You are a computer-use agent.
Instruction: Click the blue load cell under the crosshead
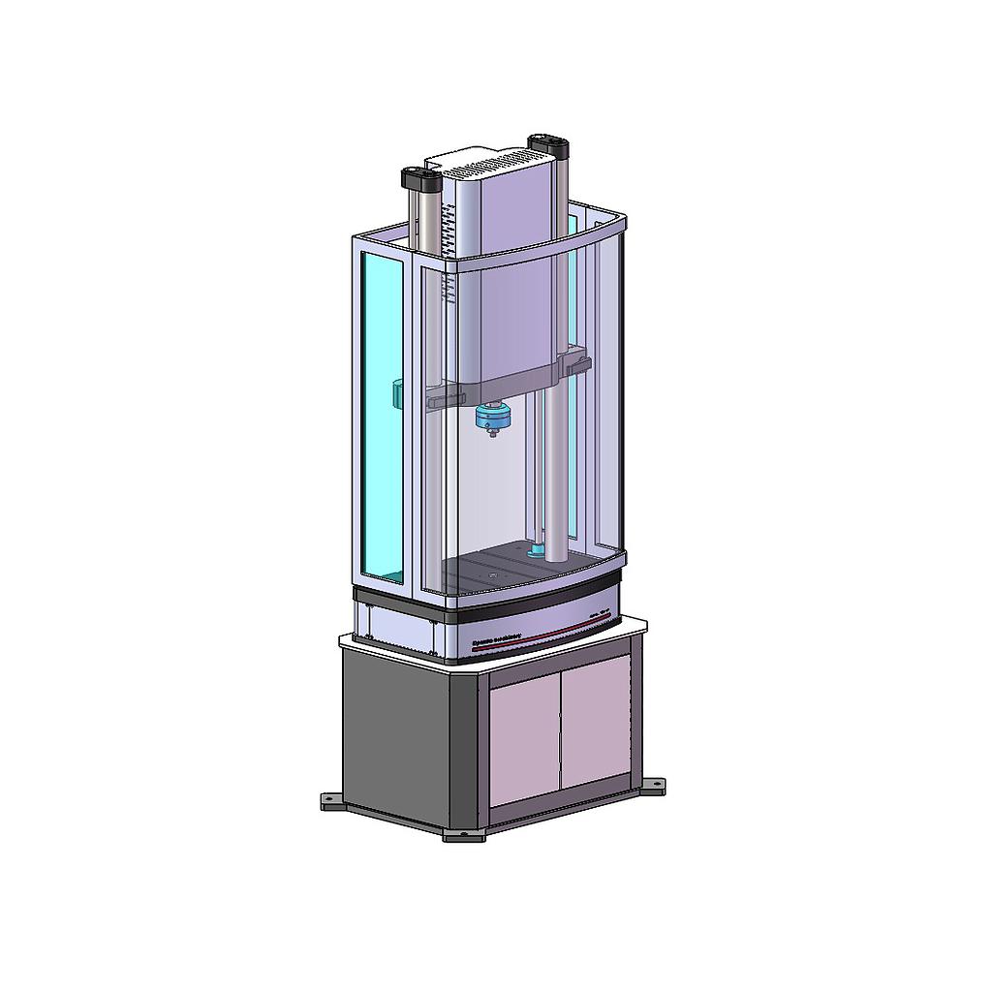493,418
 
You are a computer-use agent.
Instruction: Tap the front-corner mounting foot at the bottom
464,834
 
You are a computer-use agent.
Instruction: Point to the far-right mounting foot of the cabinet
655,784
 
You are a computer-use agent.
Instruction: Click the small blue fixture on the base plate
535,552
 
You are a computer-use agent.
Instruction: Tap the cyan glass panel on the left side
382,417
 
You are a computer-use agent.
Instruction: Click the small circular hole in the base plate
493,578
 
